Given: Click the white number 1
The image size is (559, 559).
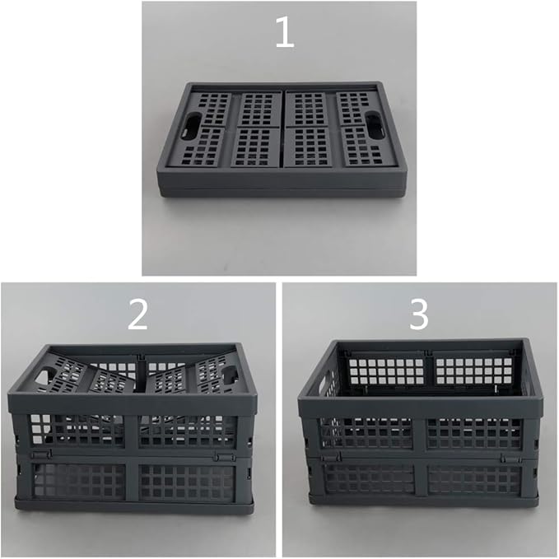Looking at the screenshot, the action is [x=285, y=32].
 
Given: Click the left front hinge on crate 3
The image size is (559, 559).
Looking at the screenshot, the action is [x=332, y=457].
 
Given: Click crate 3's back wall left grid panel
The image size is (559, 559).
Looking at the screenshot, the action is [x=386, y=372].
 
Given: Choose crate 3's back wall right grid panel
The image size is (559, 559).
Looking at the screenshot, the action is [x=473, y=371].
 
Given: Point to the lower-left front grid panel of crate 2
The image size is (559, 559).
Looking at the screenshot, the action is [x=79, y=482].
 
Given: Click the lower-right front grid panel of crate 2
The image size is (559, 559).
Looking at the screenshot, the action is [x=188, y=482].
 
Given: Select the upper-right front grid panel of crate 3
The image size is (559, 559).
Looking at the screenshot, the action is [x=475, y=433].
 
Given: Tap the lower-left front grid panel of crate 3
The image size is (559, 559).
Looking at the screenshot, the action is [x=370, y=478].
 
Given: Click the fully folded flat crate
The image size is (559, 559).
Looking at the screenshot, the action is [x=282, y=140].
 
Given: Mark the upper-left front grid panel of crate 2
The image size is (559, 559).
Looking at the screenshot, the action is [x=77, y=430].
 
